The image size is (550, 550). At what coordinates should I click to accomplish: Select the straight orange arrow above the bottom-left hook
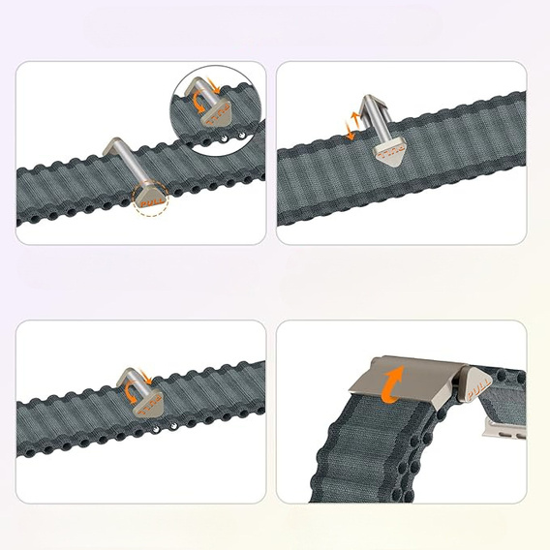144,372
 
